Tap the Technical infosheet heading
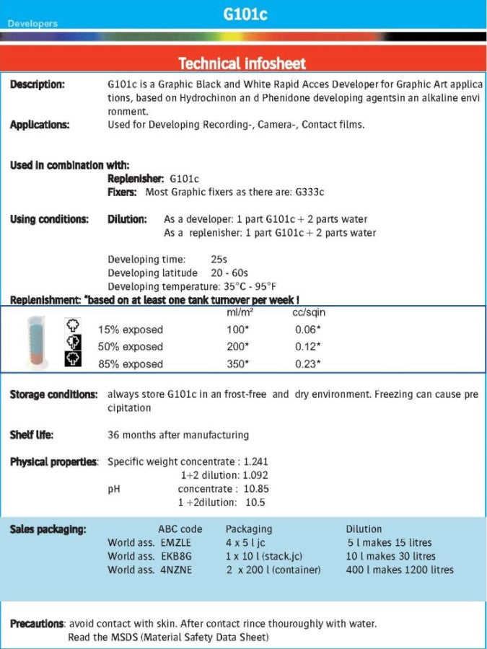(242, 63)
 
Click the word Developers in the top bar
(32, 24)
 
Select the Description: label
(37, 84)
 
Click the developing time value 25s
(219, 259)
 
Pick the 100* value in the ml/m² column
(237, 330)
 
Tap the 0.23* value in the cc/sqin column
(308, 363)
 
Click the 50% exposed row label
(131, 347)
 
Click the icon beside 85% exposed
(72, 360)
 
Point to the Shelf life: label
(32, 435)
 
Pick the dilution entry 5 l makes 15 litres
(390, 542)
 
